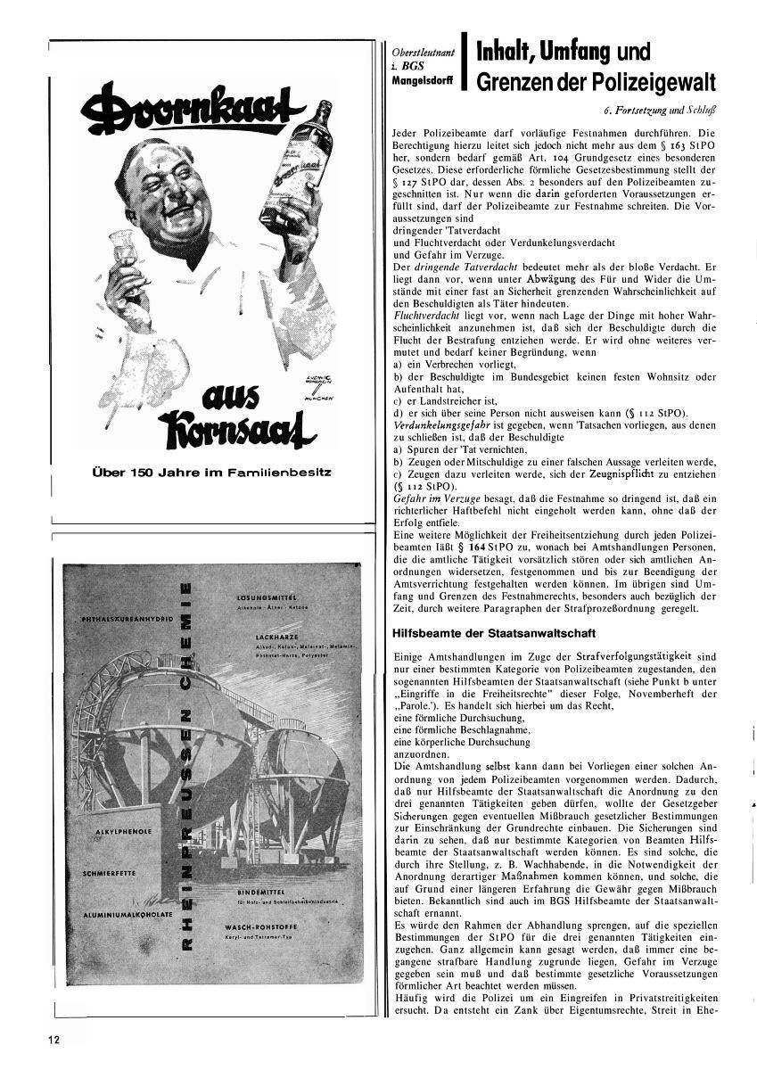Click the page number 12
pyautogui.click(x=54, y=1039)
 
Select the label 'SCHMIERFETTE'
pyautogui.click(x=111, y=874)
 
